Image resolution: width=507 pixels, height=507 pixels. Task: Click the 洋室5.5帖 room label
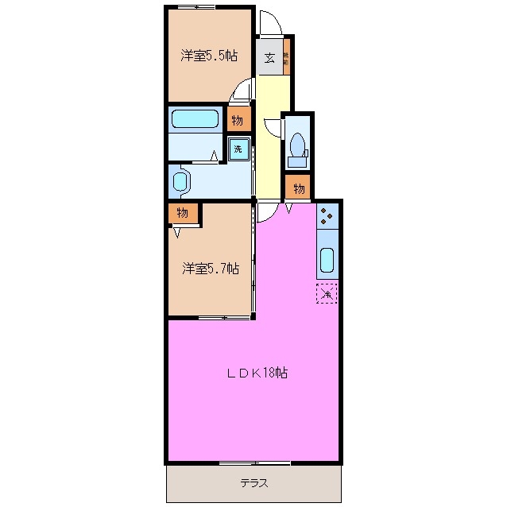point(209,56)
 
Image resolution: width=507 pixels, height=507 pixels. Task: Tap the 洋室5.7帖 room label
point(210,269)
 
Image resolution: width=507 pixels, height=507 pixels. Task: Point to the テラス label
point(253,483)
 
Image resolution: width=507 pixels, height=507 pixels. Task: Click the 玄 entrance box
point(269,57)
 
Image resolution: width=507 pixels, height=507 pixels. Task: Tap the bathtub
point(195,120)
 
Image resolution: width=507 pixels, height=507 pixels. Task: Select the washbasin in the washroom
point(180,180)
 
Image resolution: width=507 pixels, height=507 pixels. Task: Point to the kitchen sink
point(327,259)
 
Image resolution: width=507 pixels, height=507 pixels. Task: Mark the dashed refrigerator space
point(327,292)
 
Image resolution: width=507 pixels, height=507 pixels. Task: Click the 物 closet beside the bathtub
point(237,120)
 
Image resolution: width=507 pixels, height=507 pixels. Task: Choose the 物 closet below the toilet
point(299,188)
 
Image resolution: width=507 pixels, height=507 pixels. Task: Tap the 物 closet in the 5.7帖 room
point(182,213)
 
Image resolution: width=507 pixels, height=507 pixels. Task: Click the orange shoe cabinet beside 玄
point(287,57)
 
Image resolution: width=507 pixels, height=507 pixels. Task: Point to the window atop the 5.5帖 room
point(197,7)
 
